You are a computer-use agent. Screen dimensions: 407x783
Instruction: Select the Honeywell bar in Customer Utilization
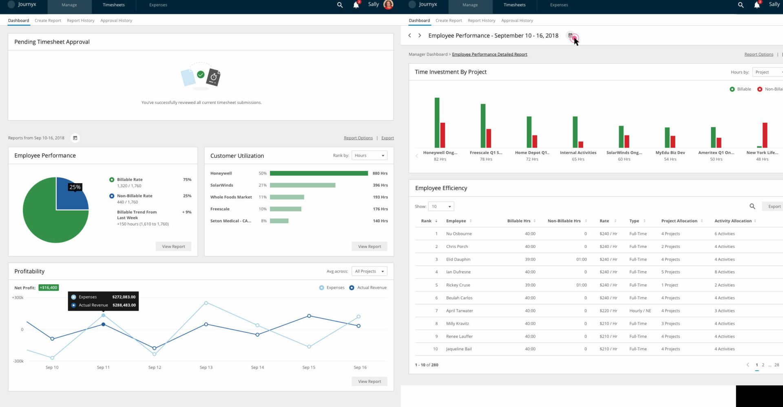pyautogui.click(x=319, y=173)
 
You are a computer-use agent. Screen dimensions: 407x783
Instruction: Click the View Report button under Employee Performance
pyautogui.click(x=173, y=246)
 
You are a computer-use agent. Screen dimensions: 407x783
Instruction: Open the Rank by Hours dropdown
pyautogui.click(x=369, y=155)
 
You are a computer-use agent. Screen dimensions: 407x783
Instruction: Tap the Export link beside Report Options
pyautogui.click(x=387, y=138)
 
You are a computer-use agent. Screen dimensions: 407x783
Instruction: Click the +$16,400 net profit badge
pyautogui.click(x=49, y=288)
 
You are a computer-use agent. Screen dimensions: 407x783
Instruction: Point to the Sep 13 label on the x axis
pyautogui.click(x=206, y=367)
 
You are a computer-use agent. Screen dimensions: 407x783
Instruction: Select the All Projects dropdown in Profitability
pyautogui.click(x=369, y=271)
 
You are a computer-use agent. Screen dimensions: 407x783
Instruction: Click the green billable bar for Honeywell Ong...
pyautogui.click(x=437, y=122)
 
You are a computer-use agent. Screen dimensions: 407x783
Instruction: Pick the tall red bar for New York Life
pyautogui.click(x=765, y=135)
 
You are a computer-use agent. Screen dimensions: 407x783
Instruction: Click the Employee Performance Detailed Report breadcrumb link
pyautogui.click(x=489, y=54)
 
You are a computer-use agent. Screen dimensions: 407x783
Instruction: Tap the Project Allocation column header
pyautogui.click(x=679, y=221)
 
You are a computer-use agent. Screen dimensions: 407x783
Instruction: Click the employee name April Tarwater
pyautogui.click(x=459, y=311)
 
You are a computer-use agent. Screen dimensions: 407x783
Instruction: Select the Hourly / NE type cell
pyautogui.click(x=640, y=311)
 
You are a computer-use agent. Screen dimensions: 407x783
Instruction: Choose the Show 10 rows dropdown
pyautogui.click(x=441, y=206)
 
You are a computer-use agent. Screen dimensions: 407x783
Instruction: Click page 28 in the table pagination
pyautogui.click(x=776, y=365)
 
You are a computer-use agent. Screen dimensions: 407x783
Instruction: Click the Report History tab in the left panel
pyautogui.click(x=80, y=20)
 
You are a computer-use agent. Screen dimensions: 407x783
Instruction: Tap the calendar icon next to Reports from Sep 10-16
pyautogui.click(x=75, y=138)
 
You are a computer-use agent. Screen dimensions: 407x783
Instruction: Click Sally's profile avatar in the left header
pyautogui.click(x=388, y=5)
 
